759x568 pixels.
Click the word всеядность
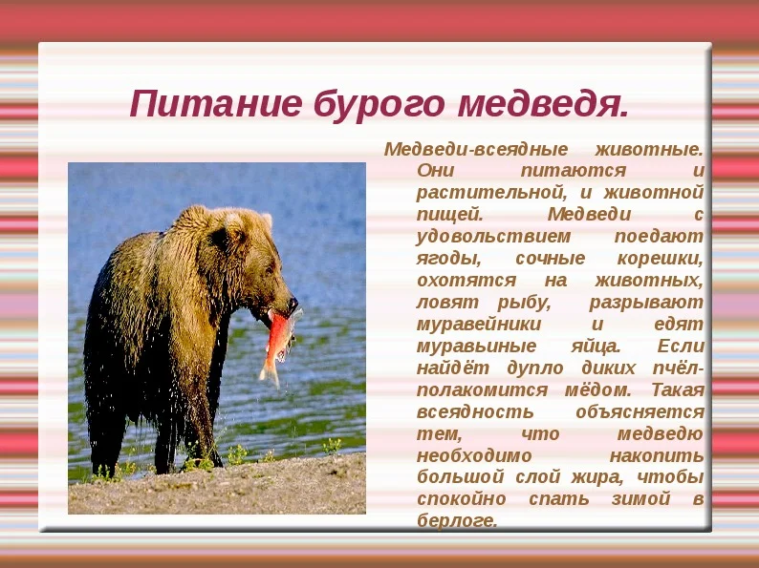[x=462, y=411]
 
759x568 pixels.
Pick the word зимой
[x=643, y=499]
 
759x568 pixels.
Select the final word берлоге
[x=458, y=521]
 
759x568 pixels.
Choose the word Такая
[x=678, y=390]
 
